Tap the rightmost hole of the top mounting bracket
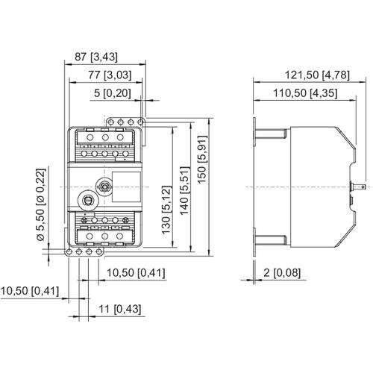click(140, 120)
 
